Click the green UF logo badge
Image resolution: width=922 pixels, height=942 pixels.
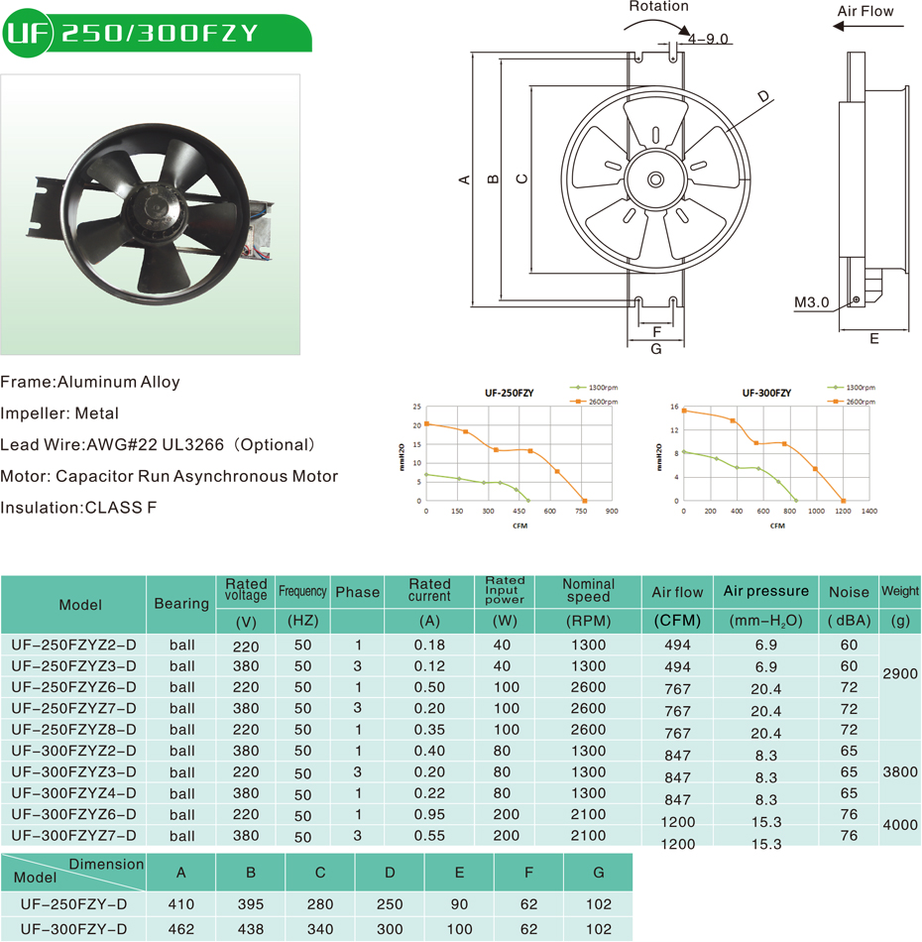tap(27, 33)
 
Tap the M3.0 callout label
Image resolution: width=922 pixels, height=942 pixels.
tap(811, 301)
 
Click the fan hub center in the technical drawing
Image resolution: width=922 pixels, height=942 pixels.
tap(655, 179)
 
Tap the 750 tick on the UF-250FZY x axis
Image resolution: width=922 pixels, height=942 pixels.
tap(581, 512)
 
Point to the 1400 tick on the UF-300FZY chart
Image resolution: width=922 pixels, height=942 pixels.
tap(868, 512)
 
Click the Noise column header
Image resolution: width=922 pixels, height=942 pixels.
tap(849, 592)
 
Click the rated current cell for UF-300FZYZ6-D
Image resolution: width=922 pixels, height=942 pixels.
tap(429, 815)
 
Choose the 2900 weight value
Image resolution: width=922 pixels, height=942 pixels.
tap(900, 674)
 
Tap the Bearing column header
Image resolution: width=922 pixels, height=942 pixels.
tap(181, 603)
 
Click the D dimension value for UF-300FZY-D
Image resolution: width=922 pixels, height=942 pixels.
tap(390, 929)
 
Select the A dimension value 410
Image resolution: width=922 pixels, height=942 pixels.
tap(181, 904)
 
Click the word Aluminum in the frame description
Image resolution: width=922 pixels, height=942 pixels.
tap(96, 382)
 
